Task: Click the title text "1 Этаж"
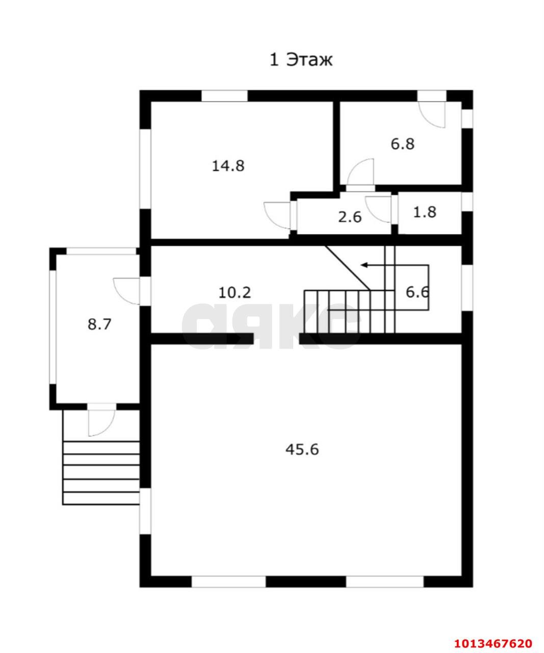point(301,60)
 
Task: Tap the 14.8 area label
point(228,166)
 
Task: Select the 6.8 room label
point(402,144)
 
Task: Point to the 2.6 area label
point(350,217)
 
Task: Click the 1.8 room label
point(424,212)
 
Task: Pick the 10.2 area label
point(235,293)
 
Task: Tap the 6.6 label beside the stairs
point(417,292)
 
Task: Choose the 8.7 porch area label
point(99,324)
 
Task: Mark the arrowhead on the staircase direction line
point(364,265)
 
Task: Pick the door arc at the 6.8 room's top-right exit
point(432,114)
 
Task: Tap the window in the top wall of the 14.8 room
point(224,96)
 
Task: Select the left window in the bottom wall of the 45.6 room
point(228,581)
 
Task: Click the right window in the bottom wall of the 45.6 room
point(385,581)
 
